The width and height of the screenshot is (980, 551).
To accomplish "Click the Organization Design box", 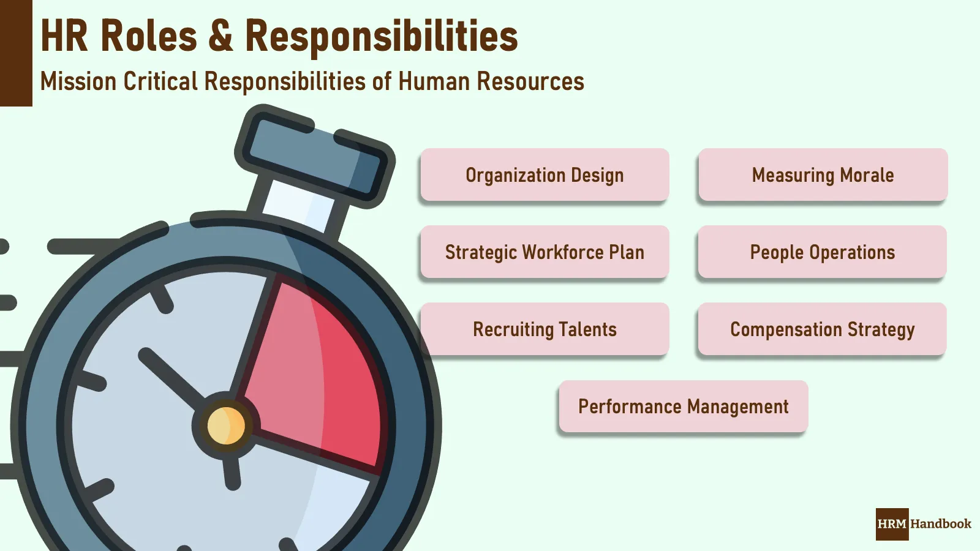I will (545, 175).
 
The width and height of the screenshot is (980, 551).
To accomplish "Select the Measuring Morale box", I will (823, 175).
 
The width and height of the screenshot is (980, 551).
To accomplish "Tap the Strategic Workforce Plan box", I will (545, 252).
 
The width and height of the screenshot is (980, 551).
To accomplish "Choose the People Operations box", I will (822, 252).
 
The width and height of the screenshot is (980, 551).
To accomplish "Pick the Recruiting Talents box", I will (545, 329).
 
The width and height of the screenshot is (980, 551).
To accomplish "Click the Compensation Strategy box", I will (822, 329).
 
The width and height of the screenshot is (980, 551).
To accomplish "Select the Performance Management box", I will (683, 407).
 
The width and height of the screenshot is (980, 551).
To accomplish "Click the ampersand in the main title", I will (221, 36).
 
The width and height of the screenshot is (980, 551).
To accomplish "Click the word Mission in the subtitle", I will (78, 81).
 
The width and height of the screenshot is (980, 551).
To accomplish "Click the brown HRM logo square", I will (892, 524).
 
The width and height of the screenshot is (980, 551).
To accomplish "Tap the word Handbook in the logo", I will (941, 524).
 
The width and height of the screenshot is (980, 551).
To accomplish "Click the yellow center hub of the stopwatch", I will (226, 425).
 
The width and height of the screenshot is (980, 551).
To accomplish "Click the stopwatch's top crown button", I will (314, 156).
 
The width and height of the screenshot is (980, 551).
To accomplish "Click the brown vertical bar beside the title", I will (16, 53).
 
